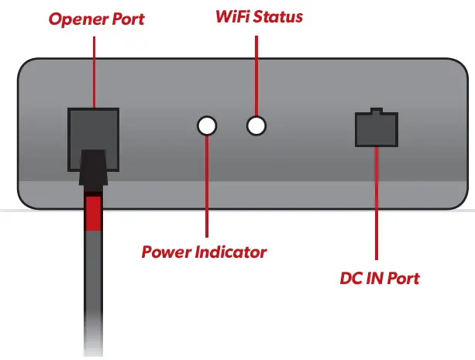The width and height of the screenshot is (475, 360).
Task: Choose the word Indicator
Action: pyautogui.click(x=232, y=252)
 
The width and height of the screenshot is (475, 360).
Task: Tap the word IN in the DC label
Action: pyautogui.click(x=377, y=276)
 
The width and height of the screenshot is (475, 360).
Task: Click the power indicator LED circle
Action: pyautogui.click(x=207, y=125)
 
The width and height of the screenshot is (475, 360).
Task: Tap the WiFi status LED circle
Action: pyautogui.click(x=256, y=125)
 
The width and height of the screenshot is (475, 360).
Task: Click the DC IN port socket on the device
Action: pyautogui.click(x=376, y=129)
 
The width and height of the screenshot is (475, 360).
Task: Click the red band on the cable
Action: pyautogui.click(x=93, y=213)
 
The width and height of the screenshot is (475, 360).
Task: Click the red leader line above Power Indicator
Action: pyautogui.click(x=207, y=186)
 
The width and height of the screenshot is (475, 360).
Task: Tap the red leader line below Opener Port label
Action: pyautogui.click(x=93, y=70)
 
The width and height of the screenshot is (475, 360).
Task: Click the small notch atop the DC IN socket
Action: pyautogui.click(x=376, y=111)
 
